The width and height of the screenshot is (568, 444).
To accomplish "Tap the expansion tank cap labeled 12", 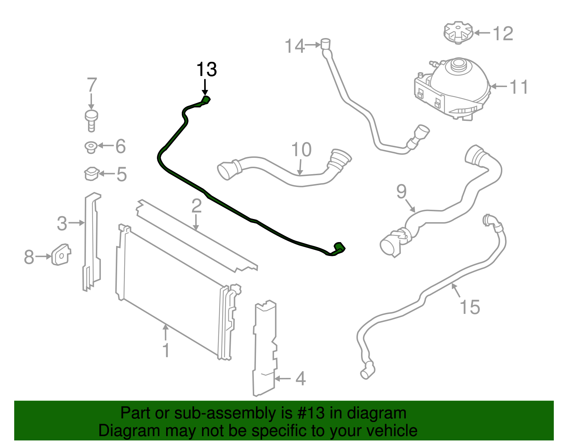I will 458,32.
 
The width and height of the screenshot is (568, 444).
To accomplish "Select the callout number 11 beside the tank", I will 519,87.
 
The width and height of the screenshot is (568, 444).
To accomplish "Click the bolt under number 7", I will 92,120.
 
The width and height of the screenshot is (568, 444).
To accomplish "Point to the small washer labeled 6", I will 91,147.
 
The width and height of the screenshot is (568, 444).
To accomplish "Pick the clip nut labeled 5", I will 91,174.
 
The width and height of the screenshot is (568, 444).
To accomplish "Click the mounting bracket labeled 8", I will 61,254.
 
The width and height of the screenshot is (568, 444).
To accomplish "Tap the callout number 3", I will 62,224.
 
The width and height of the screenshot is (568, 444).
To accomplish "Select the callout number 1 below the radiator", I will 166,350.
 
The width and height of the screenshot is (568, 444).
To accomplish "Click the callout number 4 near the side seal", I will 300,379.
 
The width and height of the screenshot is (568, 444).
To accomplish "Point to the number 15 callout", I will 470,307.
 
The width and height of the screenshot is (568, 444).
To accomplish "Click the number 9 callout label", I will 402,192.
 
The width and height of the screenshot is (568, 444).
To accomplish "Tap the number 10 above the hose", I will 301,150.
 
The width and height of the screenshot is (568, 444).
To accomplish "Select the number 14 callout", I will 295,46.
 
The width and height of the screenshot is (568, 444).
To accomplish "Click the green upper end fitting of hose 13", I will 206,100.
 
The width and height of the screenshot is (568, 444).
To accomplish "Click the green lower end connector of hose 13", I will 339,248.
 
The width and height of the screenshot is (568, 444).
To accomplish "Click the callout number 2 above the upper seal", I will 196,206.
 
